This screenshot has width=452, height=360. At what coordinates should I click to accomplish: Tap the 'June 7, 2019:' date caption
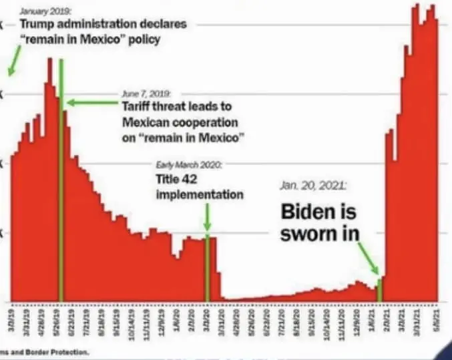(x=147, y=94)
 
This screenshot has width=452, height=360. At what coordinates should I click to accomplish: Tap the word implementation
(x=199, y=194)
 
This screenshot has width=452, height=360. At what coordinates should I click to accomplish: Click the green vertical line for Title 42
(x=207, y=267)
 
